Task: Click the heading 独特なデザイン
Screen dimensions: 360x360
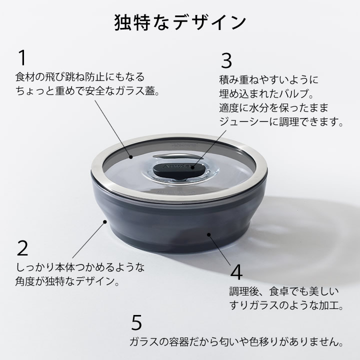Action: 180,22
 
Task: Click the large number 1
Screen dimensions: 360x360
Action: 21,58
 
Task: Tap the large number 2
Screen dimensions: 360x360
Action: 22,248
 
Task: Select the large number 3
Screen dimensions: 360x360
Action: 226,60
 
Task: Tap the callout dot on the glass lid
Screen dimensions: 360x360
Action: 130,157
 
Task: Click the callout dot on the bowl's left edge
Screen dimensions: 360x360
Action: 104,220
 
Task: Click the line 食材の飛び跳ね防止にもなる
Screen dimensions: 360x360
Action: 80,77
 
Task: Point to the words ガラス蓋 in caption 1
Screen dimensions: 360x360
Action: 141,91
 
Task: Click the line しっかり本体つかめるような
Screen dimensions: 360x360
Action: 80,268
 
